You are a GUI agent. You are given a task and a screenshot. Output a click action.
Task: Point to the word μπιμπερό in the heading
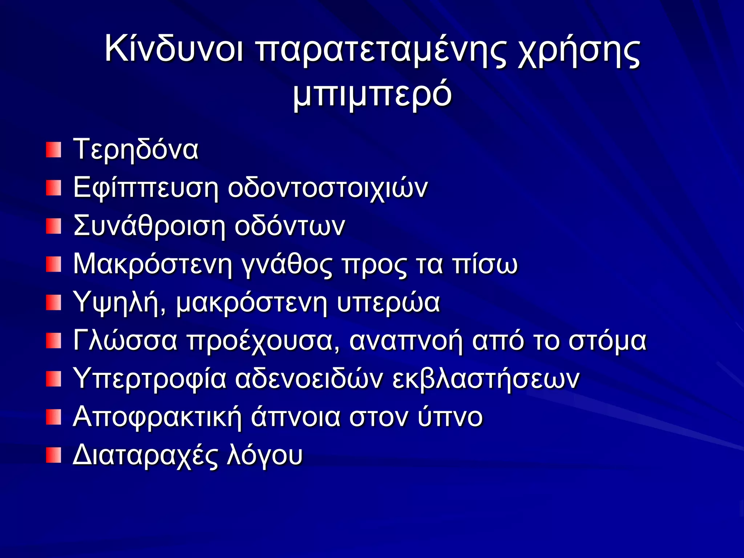372,94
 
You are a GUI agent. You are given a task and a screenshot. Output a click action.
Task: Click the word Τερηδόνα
136,149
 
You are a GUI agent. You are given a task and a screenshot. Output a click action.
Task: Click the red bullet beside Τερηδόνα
53,150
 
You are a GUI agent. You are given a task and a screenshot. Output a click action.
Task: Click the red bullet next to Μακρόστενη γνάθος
53,264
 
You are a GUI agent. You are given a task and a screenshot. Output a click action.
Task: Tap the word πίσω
485,264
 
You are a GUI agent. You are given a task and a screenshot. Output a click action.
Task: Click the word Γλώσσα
125,341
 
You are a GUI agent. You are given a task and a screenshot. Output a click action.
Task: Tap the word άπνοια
296,417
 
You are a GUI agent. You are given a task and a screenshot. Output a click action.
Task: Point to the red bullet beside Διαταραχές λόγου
53,456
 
